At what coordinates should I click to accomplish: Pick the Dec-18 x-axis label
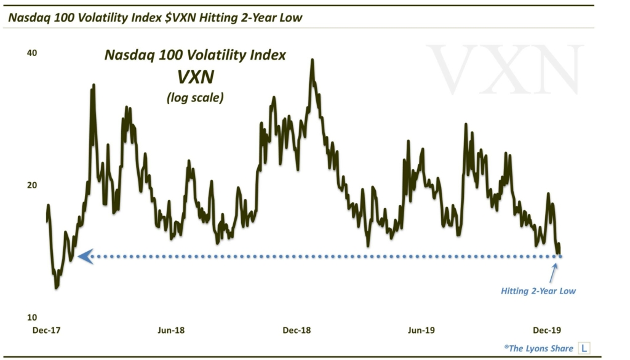click(x=297, y=330)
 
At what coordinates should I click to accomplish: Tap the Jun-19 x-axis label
click(x=421, y=330)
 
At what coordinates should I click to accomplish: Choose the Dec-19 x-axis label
click(x=546, y=330)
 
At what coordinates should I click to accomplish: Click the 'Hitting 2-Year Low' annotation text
click(x=538, y=291)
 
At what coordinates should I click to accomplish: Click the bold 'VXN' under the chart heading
click(x=194, y=78)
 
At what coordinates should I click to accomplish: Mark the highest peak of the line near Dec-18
click(x=312, y=60)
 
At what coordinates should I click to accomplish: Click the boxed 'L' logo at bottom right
click(x=584, y=348)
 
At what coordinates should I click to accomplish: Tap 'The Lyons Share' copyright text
click(x=539, y=348)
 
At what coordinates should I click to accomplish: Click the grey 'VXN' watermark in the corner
click(x=504, y=69)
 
